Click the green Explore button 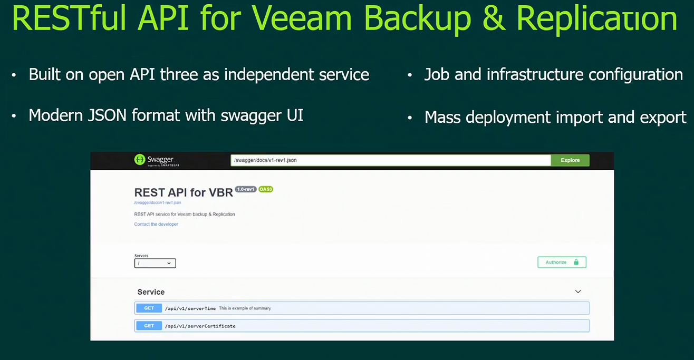[x=570, y=160]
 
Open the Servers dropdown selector [x=155, y=263]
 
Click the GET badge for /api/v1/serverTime [x=149, y=308]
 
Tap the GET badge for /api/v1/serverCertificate [x=149, y=326]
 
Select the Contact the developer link [x=156, y=224]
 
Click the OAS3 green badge [x=266, y=189]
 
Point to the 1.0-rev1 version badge [x=246, y=189]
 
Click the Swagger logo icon [x=140, y=159]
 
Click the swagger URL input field [x=391, y=160]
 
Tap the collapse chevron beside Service [x=578, y=291]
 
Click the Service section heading [x=151, y=292]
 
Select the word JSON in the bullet [x=107, y=115]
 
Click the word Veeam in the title [x=302, y=18]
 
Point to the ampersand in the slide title [x=494, y=18]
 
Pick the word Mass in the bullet [x=442, y=118]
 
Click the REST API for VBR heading [x=184, y=192]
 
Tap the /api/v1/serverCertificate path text [x=200, y=326]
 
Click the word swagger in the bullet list [x=251, y=116]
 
